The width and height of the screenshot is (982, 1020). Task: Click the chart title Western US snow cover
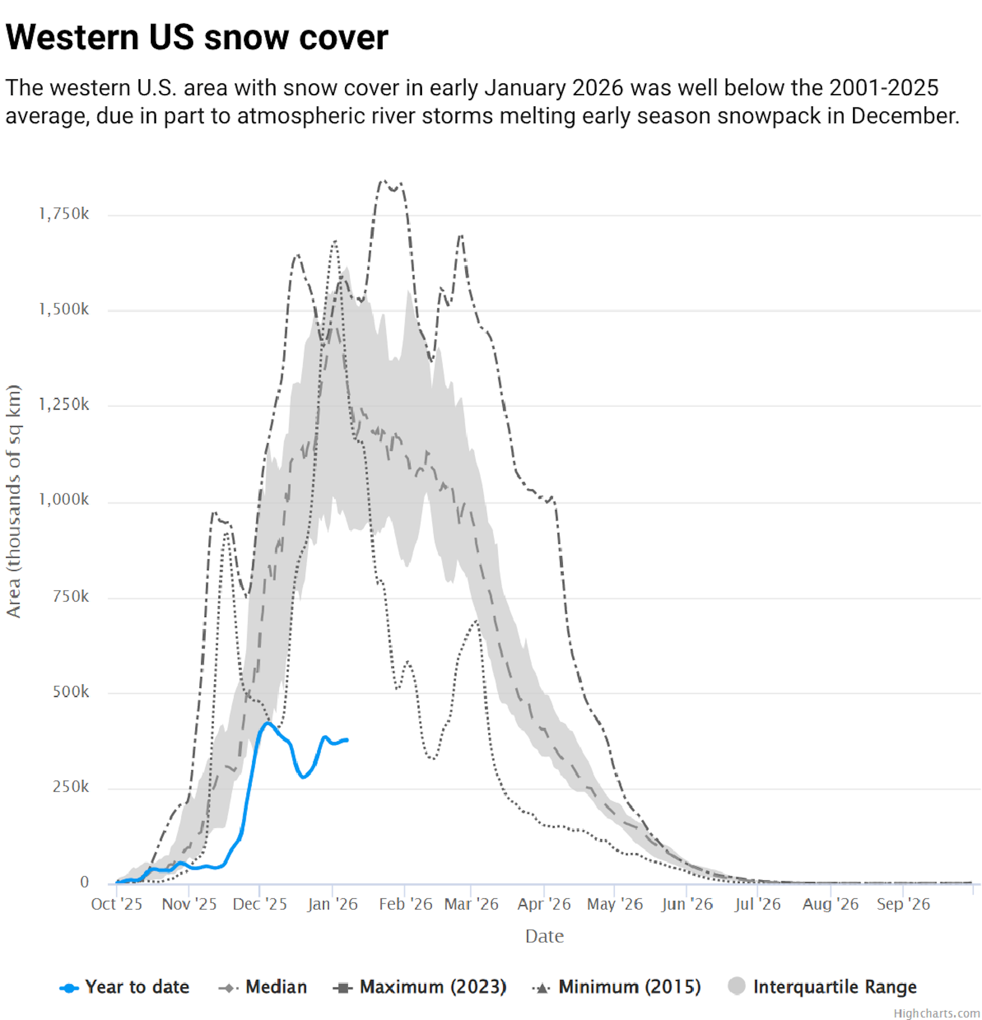click(x=197, y=37)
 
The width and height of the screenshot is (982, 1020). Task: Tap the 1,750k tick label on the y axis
click(x=63, y=214)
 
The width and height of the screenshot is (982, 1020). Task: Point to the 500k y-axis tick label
click(x=71, y=692)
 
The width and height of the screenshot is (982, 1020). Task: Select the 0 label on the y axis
click(x=84, y=882)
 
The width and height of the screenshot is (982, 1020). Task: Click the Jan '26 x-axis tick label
click(x=332, y=904)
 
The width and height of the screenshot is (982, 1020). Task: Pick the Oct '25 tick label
click(x=117, y=904)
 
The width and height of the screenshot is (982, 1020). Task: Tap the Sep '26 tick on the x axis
click(x=903, y=904)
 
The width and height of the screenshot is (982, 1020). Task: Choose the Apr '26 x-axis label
click(x=544, y=904)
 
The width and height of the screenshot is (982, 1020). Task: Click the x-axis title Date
click(x=544, y=936)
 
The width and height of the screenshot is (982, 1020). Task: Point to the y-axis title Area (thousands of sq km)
click(x=13, y=501)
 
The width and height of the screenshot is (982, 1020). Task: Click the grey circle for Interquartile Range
click(x=737, y=986)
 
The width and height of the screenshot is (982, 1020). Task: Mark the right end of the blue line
click(x=347, y=740)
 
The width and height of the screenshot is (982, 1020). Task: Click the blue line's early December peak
click(x=268, y=723)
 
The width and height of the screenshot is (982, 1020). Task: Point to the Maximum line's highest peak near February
click(x=384, y=181)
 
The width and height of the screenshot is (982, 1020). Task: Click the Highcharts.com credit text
click(x=936, y=1013)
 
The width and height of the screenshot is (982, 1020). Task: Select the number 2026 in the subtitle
click(x=597, y=87)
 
